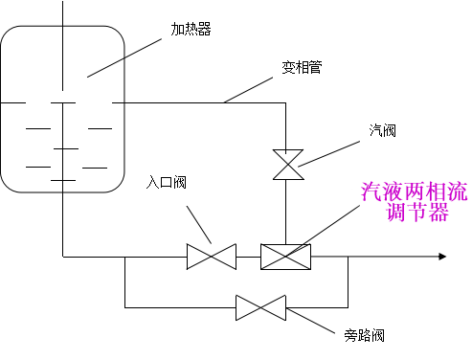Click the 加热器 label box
(216, 34)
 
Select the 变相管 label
(328, 71)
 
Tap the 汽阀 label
(403, 135)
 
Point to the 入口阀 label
(192, 186)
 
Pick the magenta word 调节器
(417, 214)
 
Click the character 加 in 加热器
(177, 30)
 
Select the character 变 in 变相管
(287, 68)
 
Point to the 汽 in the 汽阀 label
(376, 130)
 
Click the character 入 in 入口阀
(152, 182)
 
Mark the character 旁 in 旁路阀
(351, 336)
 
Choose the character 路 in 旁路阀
(365, 336)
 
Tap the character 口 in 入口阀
(166, 182)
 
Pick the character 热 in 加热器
(191, 30)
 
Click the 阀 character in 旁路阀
(378, 336)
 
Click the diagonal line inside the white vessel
(105, 67)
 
